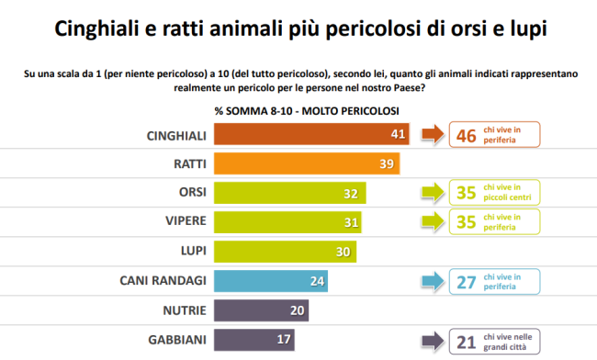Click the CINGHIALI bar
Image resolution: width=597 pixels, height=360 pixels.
(x=311, y=134)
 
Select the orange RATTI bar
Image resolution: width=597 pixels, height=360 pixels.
(x=307, y=163)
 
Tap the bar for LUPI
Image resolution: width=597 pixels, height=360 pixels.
(x=285, y=252)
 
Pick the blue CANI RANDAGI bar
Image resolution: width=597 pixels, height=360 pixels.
(x=271, y=281)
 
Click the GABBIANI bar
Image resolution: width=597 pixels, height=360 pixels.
(x=253, y=340)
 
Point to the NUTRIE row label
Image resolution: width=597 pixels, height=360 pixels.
(x=185, y=310)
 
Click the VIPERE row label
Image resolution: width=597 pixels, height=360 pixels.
(x=186, y=220)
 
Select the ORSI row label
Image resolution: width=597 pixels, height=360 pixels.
(x=193, y=192)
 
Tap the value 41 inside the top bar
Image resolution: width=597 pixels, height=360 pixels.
(x=398, y=134)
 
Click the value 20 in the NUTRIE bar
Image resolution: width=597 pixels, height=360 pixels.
(x=297, y=310)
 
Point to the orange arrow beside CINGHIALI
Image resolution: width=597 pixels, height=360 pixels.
(x=433, y=134)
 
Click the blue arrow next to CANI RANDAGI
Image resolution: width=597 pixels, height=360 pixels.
(x=433, y=282)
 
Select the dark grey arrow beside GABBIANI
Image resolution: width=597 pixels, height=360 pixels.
(x=433, y=341)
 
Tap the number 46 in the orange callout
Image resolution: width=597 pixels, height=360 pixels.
(x=466, y=136)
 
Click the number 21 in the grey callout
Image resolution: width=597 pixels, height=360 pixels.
(x=466, y=343)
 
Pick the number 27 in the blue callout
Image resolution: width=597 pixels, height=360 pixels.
(x=466, y=283)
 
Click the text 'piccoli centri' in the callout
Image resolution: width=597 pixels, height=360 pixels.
(x=507, y=197)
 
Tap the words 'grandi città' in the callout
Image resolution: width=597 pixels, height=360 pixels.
(x=505, y=347)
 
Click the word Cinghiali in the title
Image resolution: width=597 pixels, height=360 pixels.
(x=96, y=28)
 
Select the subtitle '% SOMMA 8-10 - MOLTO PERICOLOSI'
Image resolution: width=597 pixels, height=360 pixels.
(x=307, y=111)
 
